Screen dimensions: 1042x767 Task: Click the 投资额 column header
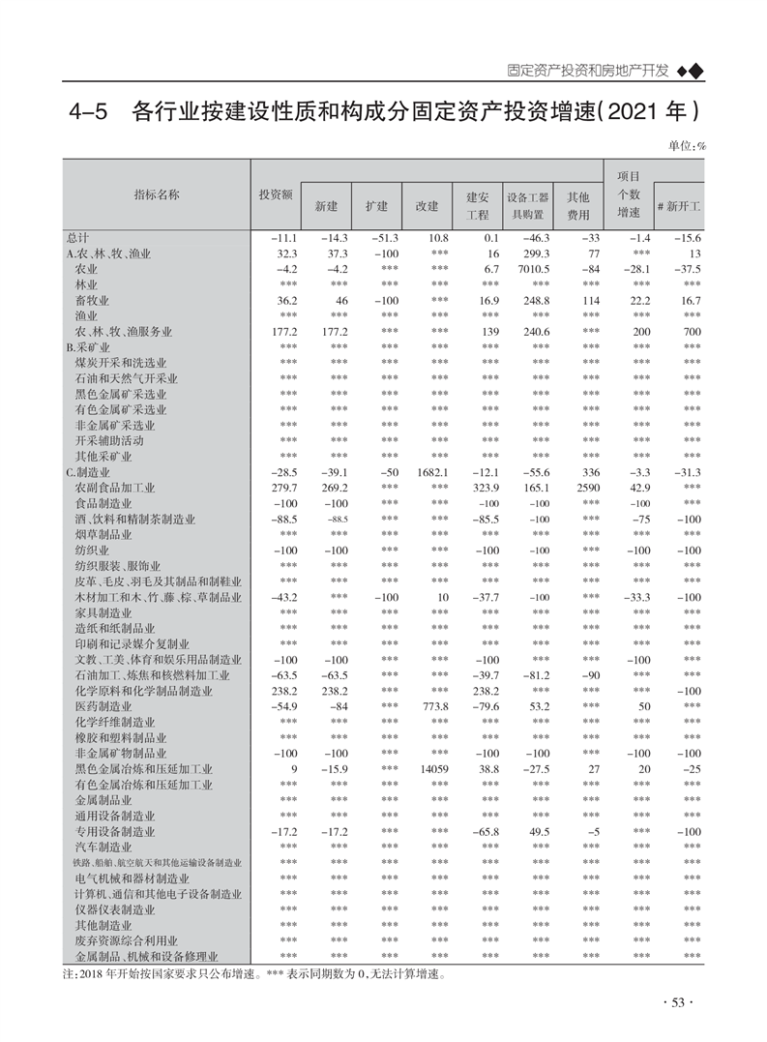[276, 194]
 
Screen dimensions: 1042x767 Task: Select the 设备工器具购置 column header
[528, 205]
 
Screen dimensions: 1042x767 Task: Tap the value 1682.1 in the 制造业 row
[430, 472]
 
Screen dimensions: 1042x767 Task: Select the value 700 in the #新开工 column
[690, 332]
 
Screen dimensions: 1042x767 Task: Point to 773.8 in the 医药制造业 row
[432, 707]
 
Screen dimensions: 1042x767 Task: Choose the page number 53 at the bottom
[678, 1002]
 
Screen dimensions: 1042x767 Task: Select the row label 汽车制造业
[102, 848]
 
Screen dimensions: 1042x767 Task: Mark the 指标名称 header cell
[156, 194]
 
